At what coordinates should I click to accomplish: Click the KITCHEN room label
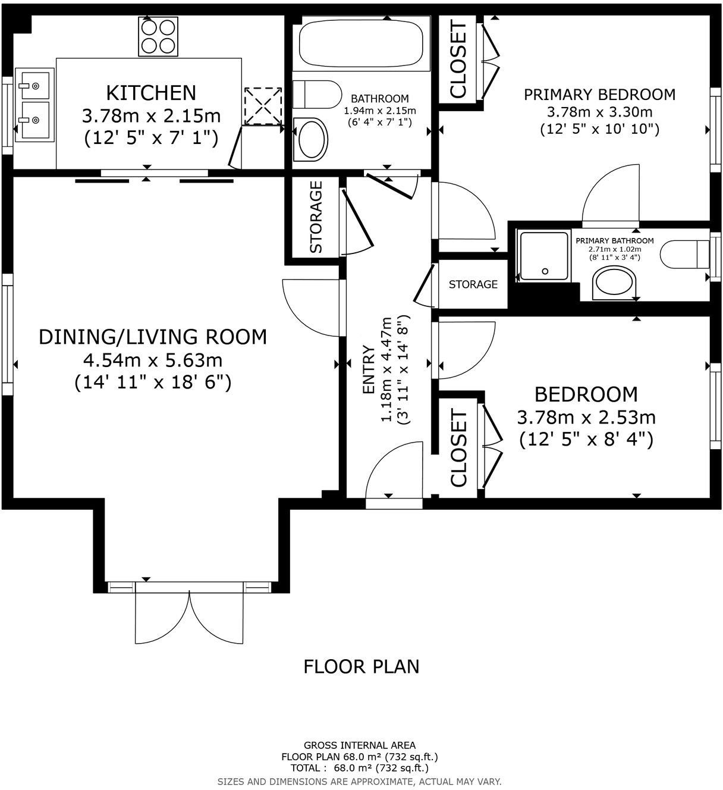(151, 93)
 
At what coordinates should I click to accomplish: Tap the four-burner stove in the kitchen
(158, 36)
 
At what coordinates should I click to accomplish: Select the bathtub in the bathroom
(361, 43)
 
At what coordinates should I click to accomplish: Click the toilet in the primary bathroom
(684, 254)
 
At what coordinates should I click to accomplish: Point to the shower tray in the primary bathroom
(545, 256)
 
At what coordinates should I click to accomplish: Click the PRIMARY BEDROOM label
(599, 95)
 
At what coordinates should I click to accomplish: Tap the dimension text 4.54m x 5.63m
(153, 359)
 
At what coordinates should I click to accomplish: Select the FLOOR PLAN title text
(361, 667)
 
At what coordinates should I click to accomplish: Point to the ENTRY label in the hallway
(369, 369)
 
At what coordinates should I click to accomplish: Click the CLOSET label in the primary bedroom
(458, 59)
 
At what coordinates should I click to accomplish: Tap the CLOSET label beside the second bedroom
(458, 448)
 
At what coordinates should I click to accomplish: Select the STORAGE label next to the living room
(316, 217)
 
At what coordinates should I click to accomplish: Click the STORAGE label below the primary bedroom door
(473, 284)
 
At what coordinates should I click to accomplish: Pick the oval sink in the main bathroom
(311, 139)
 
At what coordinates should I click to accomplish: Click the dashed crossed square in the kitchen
(263, 106)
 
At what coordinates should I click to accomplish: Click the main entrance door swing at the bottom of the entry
(394, 470)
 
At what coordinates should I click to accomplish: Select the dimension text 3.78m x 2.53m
(586, 417)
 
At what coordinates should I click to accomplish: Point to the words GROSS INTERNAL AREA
(360, 745)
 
